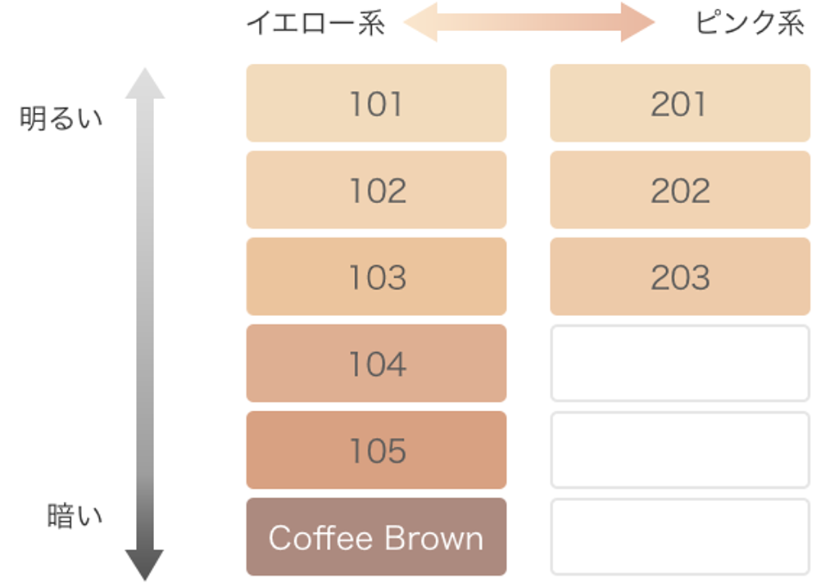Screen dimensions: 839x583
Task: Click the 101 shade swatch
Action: coord(376,102)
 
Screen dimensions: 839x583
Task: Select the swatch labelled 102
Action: coord(376,190)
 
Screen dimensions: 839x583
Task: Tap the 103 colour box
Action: coord(376,277)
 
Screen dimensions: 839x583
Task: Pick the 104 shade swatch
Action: coord(376,364)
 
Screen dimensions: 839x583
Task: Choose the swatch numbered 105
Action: coord(376,450)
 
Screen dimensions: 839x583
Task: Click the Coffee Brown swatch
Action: coord(376,536)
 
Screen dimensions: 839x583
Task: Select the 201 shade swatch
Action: coord(680,102)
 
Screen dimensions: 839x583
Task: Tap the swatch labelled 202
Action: coord(680,190)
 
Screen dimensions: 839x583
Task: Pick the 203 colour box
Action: coord(680,277)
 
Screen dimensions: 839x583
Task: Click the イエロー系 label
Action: coord(315,23)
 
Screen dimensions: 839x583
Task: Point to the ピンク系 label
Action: coord(750,23)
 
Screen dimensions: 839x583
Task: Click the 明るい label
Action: coord(61,118)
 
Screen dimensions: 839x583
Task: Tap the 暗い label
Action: coord(75,516)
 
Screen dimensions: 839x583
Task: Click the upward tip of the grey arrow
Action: coord(145,69)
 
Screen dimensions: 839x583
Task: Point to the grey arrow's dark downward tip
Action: coord(144,580)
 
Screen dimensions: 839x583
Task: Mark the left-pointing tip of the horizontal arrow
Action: coord(404,22)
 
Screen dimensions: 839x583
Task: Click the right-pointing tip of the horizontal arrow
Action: coord(655,22)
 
